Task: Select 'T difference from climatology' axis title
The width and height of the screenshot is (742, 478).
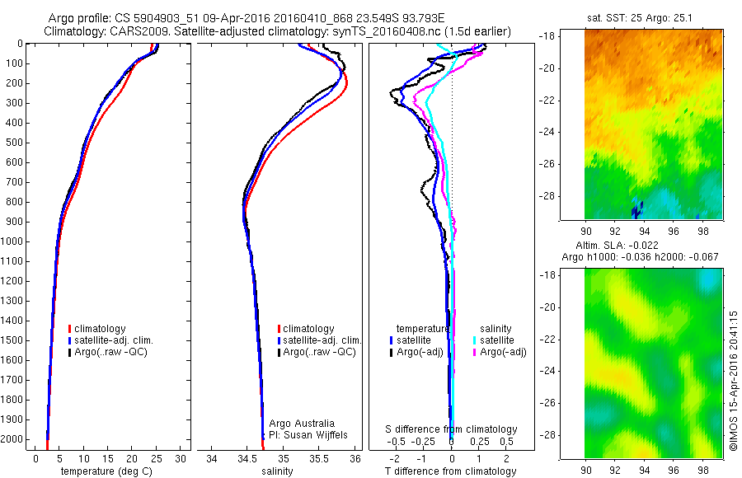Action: [x=452, y=471]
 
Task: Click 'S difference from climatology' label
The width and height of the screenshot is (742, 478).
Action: [x=452, y=429]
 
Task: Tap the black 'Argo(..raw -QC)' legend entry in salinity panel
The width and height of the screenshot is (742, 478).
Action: [x=318, y=352]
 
